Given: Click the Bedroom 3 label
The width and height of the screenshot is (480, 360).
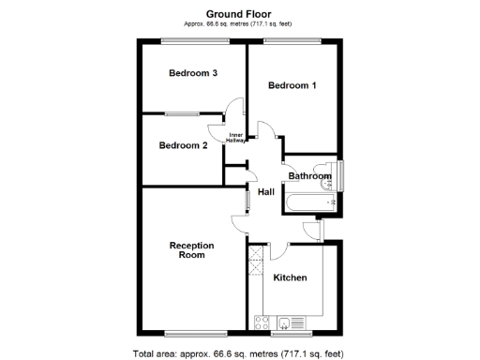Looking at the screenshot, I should (x=194, y=73).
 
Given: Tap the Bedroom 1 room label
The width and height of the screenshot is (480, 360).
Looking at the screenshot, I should (x=292, y=86).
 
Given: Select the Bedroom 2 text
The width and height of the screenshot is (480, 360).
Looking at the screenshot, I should (x=183, y=145).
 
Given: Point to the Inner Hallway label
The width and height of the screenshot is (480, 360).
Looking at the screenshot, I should (x=237, y=138).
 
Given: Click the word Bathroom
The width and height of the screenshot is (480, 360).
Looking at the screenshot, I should (x=308, y=176).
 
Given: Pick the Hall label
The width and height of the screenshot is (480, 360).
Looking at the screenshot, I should (x=266, y=192).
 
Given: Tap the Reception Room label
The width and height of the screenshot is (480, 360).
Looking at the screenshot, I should (x=192, y=250).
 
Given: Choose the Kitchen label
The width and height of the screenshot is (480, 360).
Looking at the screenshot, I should (x=291, y=278).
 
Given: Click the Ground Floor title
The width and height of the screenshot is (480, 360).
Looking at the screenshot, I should (x=239, y=11).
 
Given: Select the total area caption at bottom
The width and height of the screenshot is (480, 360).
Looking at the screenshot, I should (x=239, y=353).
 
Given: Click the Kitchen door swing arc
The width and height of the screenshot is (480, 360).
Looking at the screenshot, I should (x=278, y=249).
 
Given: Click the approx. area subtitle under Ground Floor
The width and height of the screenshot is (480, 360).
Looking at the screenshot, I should (x=239, y=22).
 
